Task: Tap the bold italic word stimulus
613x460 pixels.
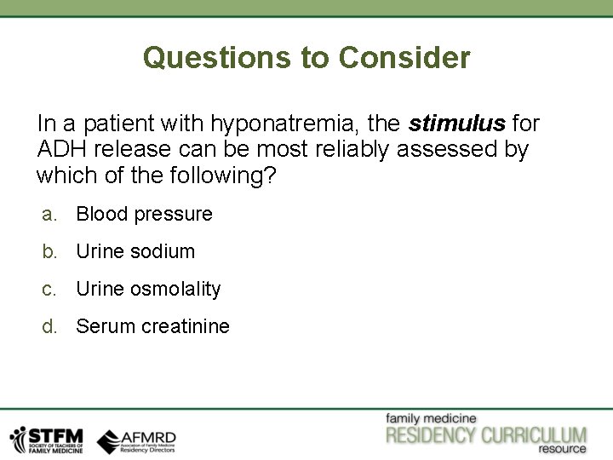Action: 457,124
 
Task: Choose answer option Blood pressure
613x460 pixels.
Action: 144,214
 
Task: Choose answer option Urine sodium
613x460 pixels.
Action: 135,251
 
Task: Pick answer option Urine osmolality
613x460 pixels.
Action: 148,289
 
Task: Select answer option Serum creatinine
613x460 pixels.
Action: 152,326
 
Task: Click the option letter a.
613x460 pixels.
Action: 49,214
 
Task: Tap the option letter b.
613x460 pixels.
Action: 49,251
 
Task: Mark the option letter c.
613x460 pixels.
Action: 49,289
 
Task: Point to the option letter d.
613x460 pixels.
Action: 49,326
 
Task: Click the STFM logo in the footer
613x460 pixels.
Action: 46,439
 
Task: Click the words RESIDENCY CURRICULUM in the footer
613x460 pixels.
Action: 486,434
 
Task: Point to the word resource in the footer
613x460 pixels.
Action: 561,449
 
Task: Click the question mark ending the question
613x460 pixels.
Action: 272,177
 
